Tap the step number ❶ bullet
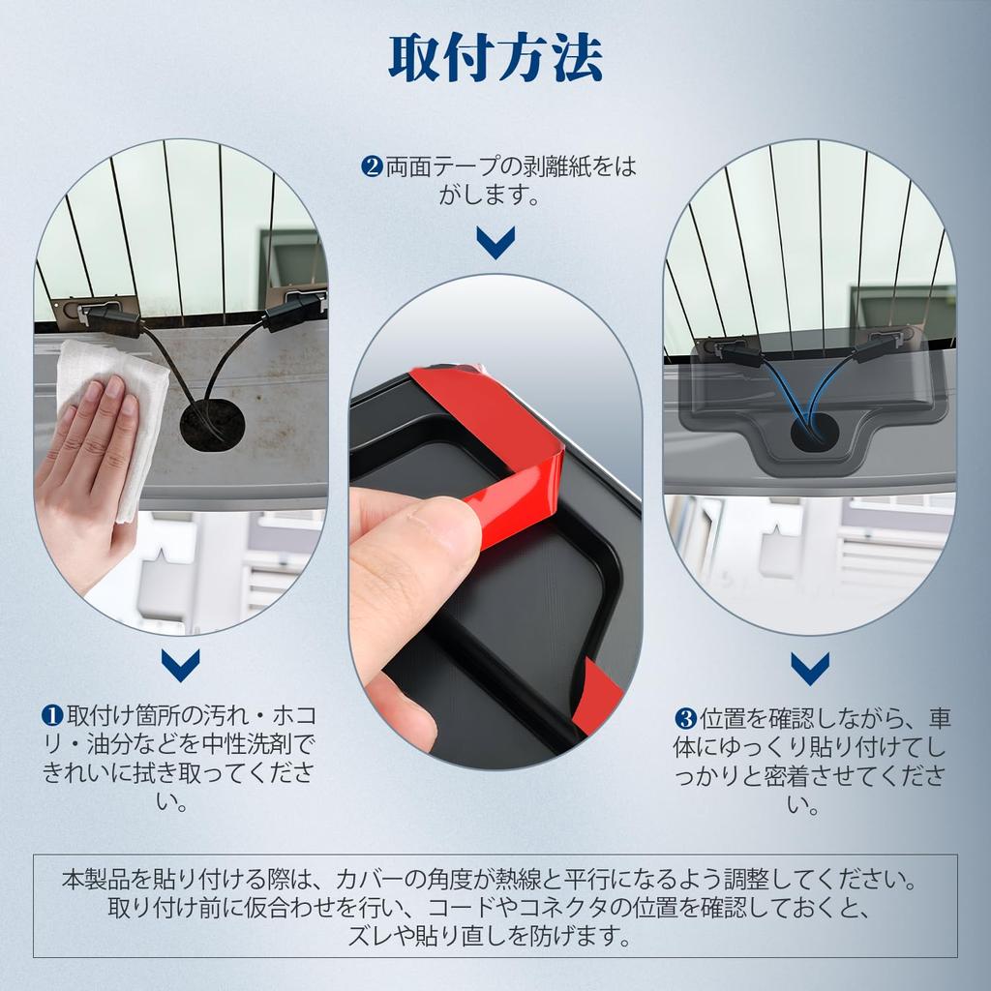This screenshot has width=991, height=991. (52, 717)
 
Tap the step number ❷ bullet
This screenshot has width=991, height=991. (373, 167)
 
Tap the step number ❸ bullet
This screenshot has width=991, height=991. (685, 718)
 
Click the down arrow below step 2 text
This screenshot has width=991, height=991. (495, 242)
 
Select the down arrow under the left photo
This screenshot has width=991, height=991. (181, 664)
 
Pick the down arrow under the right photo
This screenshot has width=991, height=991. (809, 667)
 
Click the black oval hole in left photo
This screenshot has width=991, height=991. (212, 422)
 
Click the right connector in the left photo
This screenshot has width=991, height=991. (290, 313)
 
